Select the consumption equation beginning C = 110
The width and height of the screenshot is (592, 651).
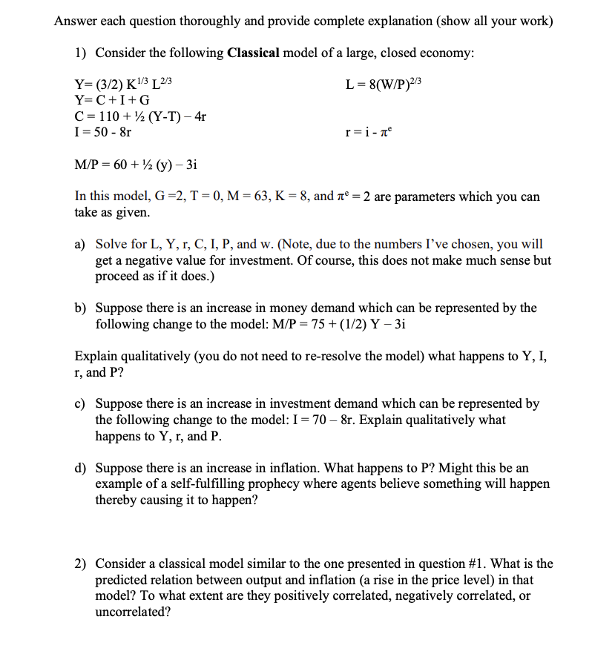point(141,116)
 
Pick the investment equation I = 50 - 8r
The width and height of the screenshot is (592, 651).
point(104,132)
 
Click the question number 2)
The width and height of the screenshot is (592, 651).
point(82,564)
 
